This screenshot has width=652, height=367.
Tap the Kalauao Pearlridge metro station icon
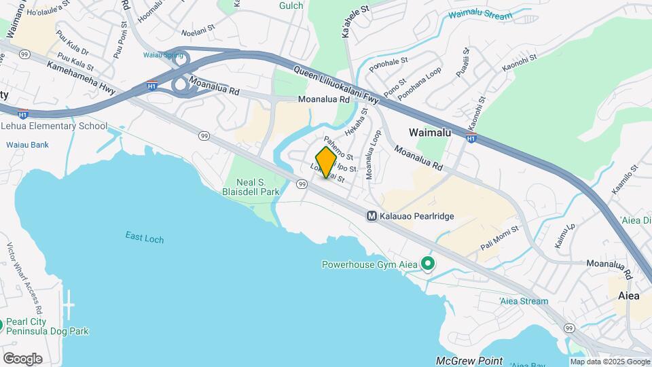tap(372, 216)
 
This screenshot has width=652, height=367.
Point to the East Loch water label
tap(144, 237)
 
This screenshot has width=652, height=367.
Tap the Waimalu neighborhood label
tap(429, 133)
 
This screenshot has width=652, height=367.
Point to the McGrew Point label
tap(470, 361)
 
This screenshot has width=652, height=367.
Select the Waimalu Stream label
tap(480, 14)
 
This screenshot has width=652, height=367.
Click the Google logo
tap(22, 358)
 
